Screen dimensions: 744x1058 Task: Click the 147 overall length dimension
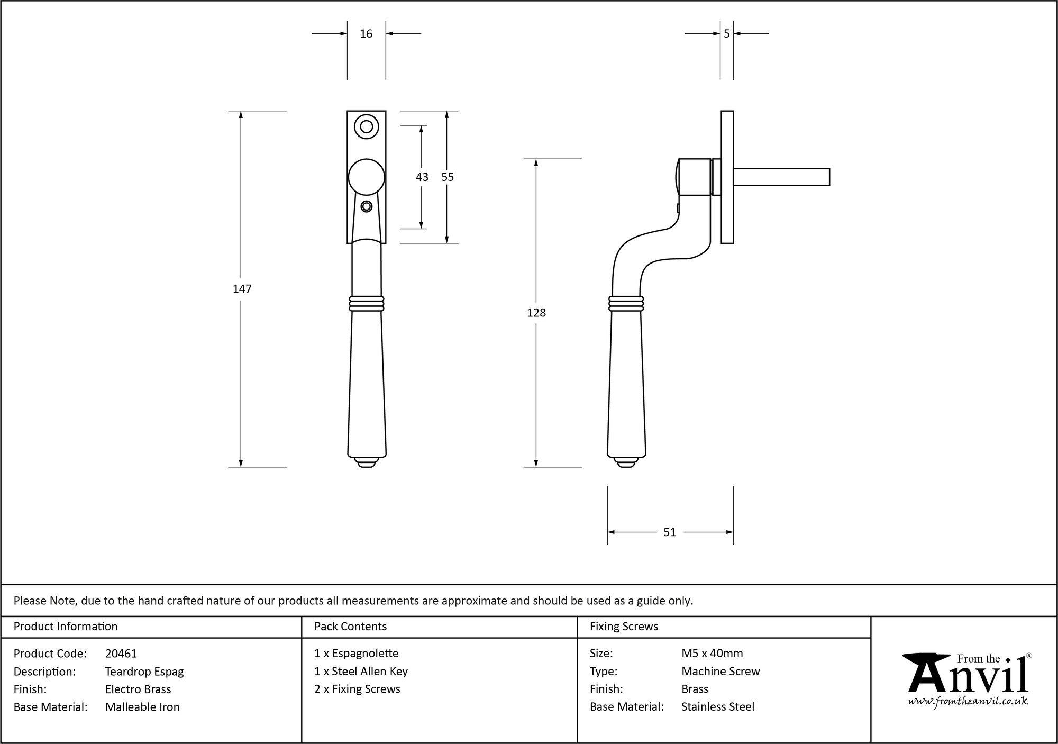pos(242,289)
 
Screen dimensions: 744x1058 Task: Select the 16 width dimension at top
pos(366,34)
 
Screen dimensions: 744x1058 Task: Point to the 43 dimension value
pos(422,177)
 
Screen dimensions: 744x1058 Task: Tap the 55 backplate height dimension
pos(448,177)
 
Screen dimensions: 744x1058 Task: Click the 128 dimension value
pos(536,313)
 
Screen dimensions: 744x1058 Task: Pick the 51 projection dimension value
pos(670,532)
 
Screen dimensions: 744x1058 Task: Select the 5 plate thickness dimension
pos(726,34)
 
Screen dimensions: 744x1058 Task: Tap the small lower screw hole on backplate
pos(366,206)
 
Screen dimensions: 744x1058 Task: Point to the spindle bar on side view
pos(781,177)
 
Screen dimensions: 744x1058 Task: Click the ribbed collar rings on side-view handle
pos(626,304)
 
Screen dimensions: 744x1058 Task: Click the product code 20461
pos(121,654)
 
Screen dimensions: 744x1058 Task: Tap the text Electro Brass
pos(138,689)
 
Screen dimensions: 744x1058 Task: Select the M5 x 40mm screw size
pos(712,654)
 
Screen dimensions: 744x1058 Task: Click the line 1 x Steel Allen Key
pos(361,671)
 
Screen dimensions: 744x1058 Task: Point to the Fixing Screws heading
pos(624,627)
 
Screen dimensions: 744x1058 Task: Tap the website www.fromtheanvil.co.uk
pos(968,701)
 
